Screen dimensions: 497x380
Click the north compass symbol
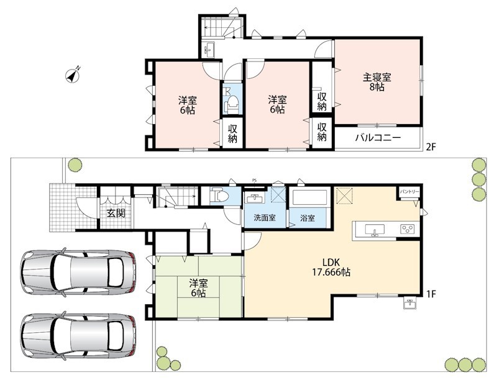click(x=73, y=76)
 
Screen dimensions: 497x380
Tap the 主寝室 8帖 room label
click(x=376, y=82)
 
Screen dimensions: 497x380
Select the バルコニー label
click(x=378, y=138)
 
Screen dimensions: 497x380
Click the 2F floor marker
click(x=431, y=147)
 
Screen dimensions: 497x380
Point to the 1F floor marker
click(x=431, y=294)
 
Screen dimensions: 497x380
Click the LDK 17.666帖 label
click(x=332, y=267)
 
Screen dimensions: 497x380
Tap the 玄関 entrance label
click(x=116, y=213)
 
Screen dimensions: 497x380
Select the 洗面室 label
click(x=265, y=218)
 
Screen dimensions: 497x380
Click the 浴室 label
click(x=307, y=218)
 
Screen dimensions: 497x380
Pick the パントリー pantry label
click(x=409, y=192)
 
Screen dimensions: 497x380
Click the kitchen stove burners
click(x=408, y=229)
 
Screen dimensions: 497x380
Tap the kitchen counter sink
click(x=375, y=230)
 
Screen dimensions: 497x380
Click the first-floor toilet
click(x=220, y=196)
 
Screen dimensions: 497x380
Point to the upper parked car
click(x=78, y=273)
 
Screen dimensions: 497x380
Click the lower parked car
click(x=78, y=336)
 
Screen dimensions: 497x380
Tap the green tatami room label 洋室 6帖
click(x=198, y=287)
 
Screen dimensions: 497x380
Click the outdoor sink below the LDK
click(x=410, y=304)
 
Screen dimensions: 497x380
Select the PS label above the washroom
click(x=254, y=181)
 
